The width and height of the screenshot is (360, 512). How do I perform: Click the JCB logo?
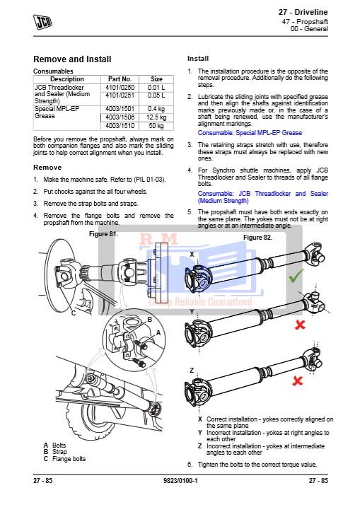pos(43,22)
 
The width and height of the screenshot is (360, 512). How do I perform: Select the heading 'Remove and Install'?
pos(72,59)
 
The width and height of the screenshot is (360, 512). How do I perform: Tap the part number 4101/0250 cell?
pos(120,88)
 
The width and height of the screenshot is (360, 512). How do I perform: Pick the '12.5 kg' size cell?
pos(156,117)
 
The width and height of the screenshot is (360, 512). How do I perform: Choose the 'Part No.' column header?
pos(120,79)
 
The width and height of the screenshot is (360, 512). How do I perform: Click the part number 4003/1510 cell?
pos(120,126)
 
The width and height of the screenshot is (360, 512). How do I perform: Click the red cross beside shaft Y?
pos(300,325)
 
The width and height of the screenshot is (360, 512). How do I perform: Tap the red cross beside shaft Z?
pos(297,380)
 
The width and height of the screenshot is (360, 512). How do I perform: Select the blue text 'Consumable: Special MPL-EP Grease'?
pos(250,133)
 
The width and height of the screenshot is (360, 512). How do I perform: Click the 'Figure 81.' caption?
pos(103,234)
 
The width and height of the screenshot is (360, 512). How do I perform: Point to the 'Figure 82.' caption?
pos(257,238)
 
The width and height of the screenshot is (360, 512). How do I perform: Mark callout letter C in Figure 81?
pos(74,313)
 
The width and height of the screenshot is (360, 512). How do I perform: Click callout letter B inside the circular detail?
pos(150,320)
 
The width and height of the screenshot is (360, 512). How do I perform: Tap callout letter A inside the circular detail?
pos(158,333)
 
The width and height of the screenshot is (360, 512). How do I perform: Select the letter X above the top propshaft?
pos(192,254)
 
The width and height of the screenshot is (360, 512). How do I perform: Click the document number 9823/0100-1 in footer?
pos(180,481)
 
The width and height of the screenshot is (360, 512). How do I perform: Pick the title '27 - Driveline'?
pos(303,12)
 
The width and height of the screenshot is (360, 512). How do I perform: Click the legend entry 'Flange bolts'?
pos(69,459)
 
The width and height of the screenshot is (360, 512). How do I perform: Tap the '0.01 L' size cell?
pos(156,88)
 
